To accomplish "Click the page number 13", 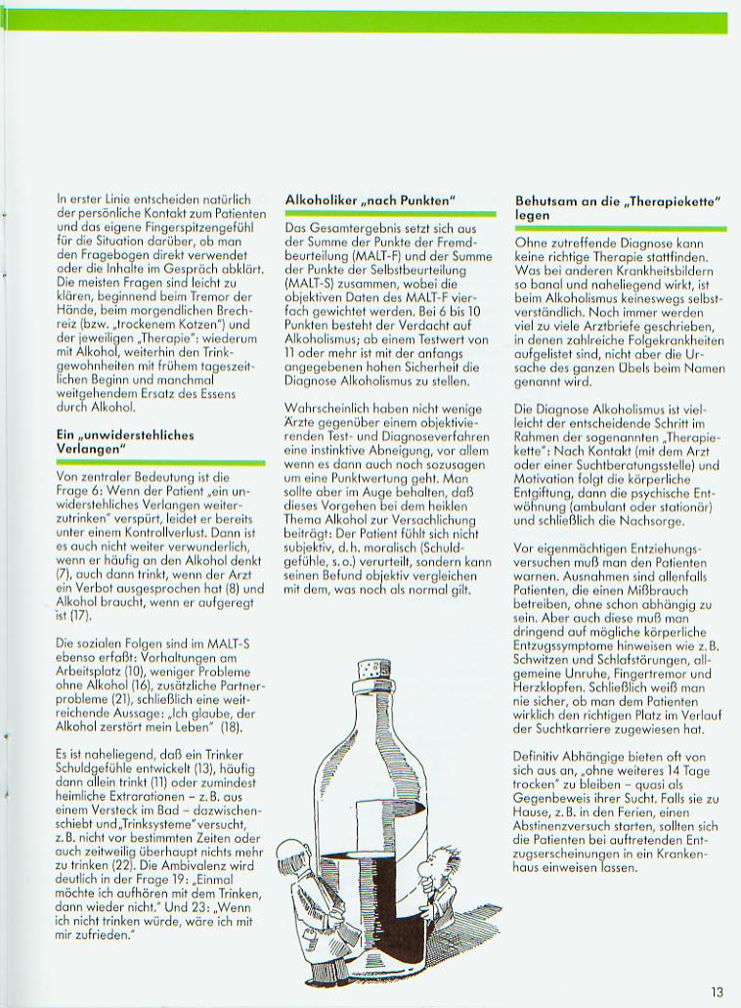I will coord(718,992).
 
